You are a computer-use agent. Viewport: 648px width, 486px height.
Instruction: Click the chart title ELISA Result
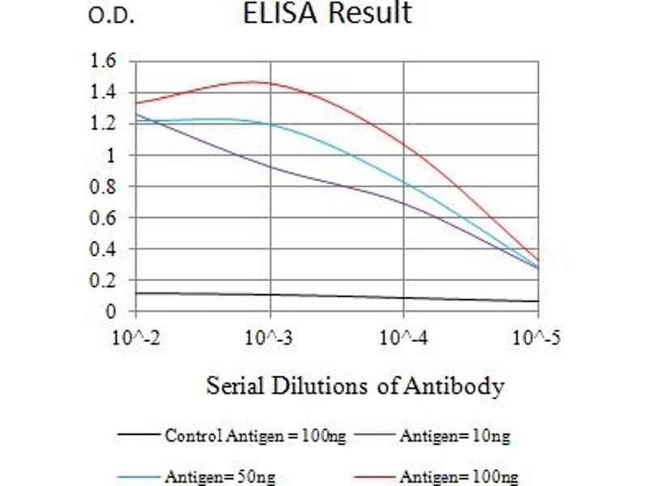pos(327,14)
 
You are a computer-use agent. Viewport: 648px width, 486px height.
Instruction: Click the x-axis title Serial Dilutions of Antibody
pos(355,386)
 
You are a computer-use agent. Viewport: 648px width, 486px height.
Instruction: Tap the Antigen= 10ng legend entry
pos(454,437)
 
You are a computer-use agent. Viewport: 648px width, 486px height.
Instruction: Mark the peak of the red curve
pos(253,81)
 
